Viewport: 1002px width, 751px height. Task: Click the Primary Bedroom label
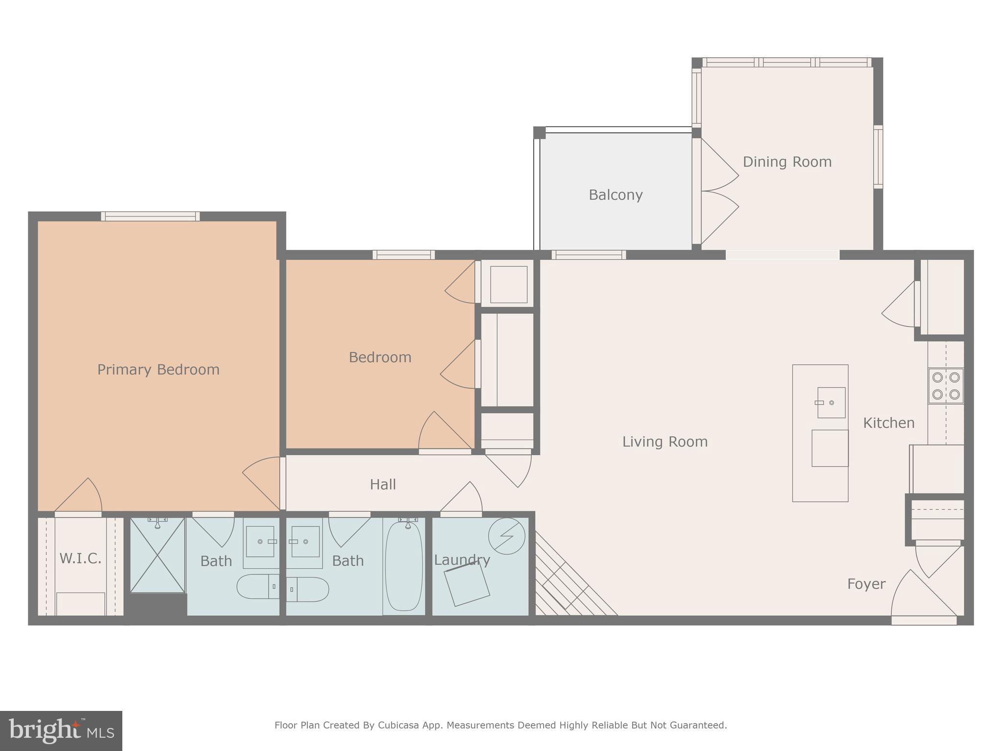pos(158,370)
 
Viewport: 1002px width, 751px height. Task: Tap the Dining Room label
pos(787,162)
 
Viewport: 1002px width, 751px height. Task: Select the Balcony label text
pos(615,195)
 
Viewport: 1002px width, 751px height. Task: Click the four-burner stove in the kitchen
pos(945,386)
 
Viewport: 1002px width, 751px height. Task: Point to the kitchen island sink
pos(831,402)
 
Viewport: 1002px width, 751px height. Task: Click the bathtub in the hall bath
pos(404,566)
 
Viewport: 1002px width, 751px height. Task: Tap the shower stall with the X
pos(157,555)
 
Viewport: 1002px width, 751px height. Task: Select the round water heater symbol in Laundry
pos(506,536)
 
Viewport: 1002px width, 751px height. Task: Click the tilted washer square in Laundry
pos(467,585)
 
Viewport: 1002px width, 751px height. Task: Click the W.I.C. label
pos(80,558)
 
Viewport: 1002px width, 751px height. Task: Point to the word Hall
pos(383,485)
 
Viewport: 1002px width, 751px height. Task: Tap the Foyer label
pos(866,584)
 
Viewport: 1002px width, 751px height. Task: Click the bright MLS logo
pos(61,730)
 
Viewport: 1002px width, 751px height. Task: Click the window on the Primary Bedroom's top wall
pos(150,216)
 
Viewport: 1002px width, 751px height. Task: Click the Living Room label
pos(664,442)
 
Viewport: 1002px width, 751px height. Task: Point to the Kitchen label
pos(888,423)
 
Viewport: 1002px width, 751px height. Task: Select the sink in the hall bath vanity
pos(305,541)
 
